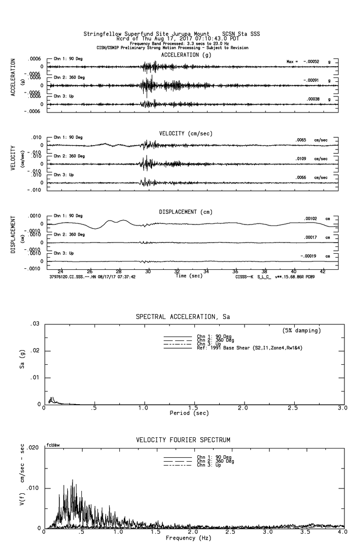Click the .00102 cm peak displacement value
(x=310, y=219)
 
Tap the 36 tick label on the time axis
(x=235, y=271)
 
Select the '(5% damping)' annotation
(x=302, y=331)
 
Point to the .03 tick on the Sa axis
(x=36, y=324)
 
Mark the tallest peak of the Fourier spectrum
(x=73, y=480)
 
